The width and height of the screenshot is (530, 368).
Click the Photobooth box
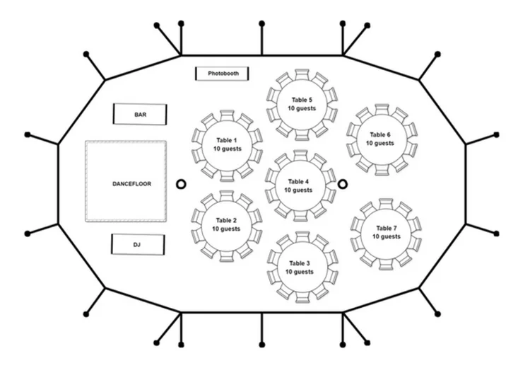223,74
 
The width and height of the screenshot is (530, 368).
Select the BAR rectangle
140,114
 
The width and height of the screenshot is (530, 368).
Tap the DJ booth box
138,244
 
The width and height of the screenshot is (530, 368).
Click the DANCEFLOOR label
131,184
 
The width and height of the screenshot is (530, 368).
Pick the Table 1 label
227,139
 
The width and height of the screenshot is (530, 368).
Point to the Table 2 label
226,220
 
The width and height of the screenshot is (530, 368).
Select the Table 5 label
302,100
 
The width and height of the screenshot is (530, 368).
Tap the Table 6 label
380,134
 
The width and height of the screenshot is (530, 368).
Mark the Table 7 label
386,228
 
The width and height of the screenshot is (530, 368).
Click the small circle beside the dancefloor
180,184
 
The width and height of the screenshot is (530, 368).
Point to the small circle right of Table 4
343,184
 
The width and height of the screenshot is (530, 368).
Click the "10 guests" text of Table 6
380,144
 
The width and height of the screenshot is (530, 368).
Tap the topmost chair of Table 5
302,74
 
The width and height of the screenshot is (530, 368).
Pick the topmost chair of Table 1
227,114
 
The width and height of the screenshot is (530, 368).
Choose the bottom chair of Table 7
386,263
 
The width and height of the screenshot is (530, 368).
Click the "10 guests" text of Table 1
227,149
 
